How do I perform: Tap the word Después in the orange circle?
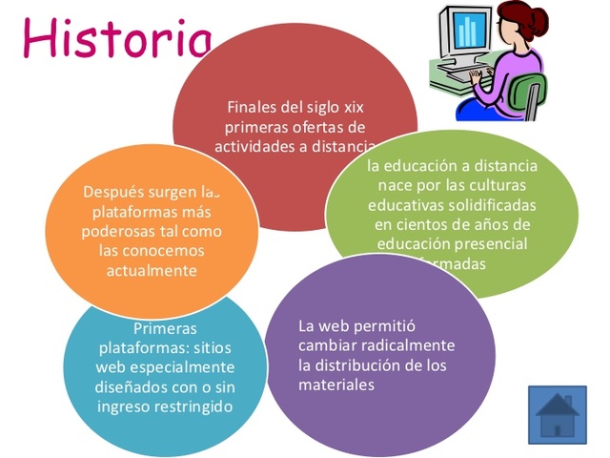coord(112,191)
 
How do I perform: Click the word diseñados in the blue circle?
coord(130,387)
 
